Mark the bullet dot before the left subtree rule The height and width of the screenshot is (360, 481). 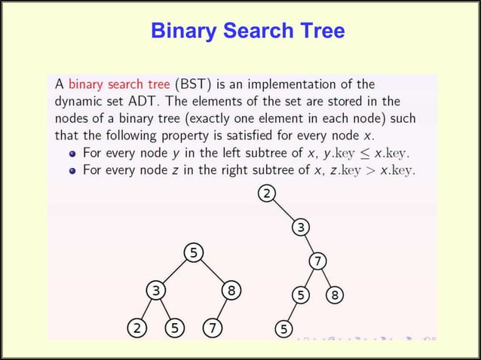(72, 154)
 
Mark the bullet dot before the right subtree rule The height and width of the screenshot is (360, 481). (72, 171)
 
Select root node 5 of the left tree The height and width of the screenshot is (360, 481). (194, 252)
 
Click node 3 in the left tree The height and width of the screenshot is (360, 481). (155, 290)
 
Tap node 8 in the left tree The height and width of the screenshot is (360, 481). (231, 290)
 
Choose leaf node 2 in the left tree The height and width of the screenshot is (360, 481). (136, 328)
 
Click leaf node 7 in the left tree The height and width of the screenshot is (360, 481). (213, 328)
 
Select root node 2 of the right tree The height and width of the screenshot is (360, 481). (265, 194)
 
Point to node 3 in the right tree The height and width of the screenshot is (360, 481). (300, 227)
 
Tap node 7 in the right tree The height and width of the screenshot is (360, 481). (318, 261)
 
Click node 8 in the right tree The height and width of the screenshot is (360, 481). (335, 295)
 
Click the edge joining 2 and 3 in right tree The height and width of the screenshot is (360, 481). (283, 211)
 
